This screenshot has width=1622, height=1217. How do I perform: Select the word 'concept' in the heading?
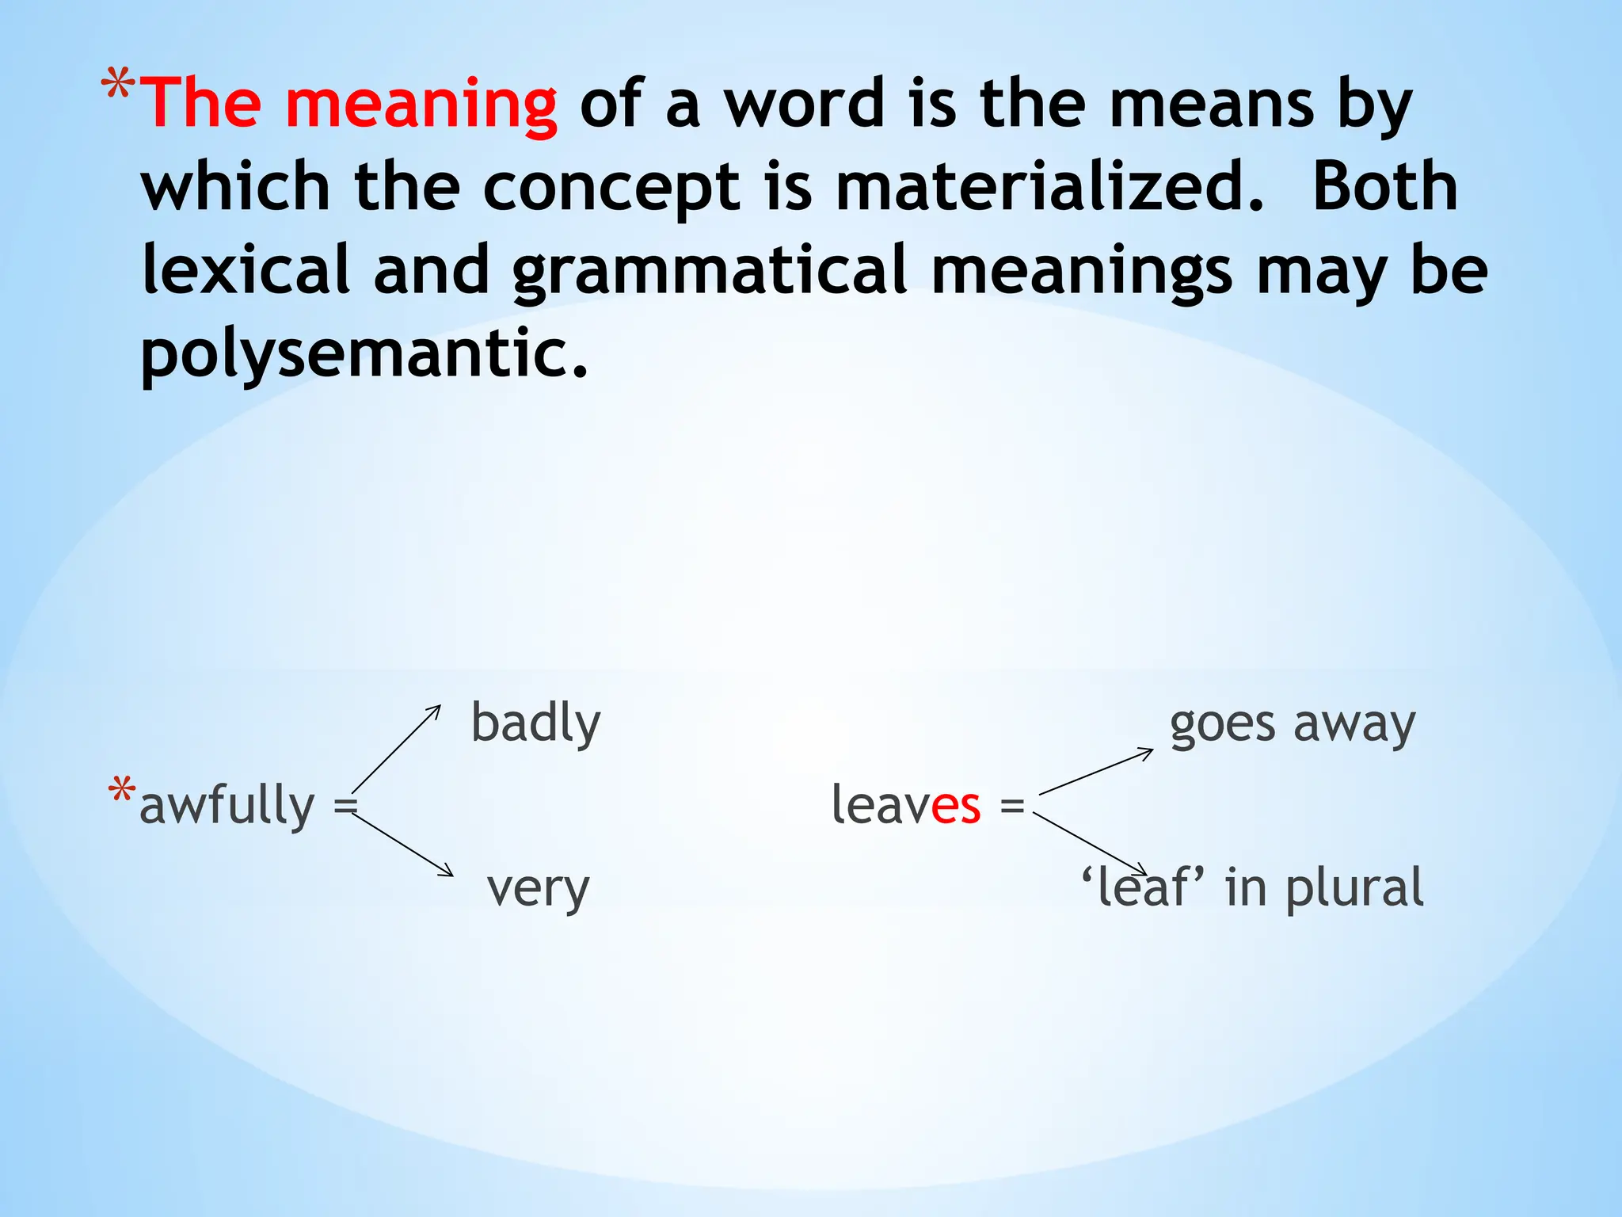point(611,188)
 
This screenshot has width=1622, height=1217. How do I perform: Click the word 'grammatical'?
point(710,272)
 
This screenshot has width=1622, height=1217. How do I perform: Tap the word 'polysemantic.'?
point(365,354)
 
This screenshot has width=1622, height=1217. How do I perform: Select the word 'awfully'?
point(227,807)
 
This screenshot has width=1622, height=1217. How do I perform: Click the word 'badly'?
point(536,724)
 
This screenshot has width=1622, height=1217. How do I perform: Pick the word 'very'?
point(539,889)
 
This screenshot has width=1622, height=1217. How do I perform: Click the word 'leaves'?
point(906,805)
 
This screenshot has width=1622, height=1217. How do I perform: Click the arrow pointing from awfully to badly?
point(396,748)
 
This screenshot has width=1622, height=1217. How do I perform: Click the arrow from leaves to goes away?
point(1096,771)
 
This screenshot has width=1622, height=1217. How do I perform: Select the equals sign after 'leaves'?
point(1012,807)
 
